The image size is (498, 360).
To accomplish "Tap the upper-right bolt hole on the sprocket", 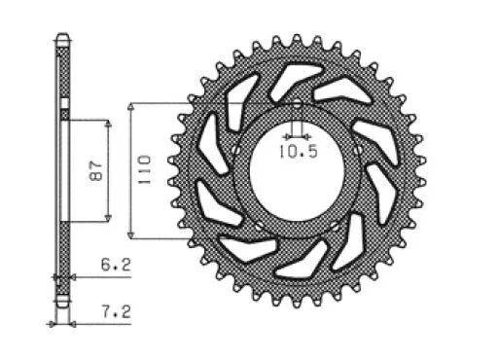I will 359,151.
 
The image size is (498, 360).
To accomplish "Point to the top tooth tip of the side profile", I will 64,38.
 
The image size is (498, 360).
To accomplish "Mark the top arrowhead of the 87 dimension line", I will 107,124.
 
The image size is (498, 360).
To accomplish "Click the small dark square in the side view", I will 65,114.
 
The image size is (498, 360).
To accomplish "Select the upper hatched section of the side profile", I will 64,73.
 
